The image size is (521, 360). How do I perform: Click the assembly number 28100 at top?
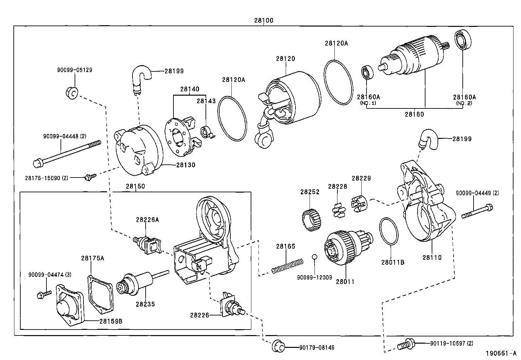(x=263, y=20)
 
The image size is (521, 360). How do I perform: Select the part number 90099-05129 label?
(x=75, y=70)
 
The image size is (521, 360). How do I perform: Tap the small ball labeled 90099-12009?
(x=314, y=257)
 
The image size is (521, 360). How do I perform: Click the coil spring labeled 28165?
(x=287, y=266)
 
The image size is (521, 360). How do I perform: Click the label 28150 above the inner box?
(x=135, y=186)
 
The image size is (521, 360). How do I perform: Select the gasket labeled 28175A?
(x=101, y=294)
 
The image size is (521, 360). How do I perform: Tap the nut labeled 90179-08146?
(x=278, y=347)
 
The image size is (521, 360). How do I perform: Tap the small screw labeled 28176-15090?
(x=89, y=177)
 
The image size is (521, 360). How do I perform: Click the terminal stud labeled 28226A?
(x=147, y=244)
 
